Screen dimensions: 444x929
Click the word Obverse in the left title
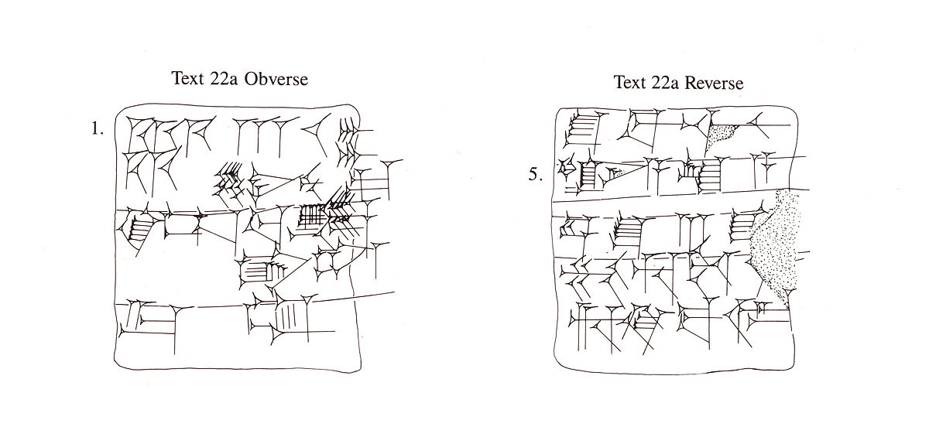[x=276, y=80]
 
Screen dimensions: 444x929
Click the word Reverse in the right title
[x=711, y=83]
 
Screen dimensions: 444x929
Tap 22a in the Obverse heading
[x=225, y=80]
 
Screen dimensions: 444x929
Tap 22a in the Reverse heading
[x=660, y=83]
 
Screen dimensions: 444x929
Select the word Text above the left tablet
[x=188, y=80]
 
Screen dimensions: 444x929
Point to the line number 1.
[x=97, y=129]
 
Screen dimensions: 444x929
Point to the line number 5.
[x=535, y=174]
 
